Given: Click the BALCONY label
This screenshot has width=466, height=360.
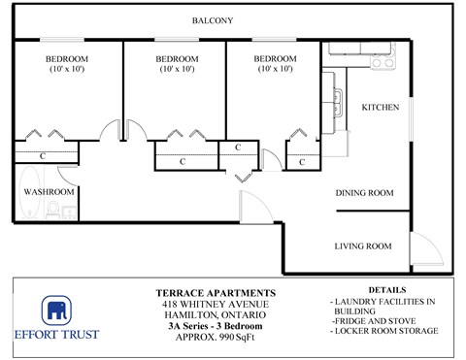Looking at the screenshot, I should point(212,20).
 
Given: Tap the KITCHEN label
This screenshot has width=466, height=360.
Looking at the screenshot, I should point(380,108).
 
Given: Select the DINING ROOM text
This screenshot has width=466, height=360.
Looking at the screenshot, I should point(364,193).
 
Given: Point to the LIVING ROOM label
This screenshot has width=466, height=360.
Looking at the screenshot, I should point(363,246).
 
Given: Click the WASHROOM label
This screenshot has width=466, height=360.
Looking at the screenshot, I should point(49,192).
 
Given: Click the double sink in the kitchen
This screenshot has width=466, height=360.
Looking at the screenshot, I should point(335,98).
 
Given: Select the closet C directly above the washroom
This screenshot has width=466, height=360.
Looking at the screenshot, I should point(44,154).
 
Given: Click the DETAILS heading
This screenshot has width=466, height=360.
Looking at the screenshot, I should point(387,290).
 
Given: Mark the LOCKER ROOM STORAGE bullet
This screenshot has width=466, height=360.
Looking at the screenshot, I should point(384,331).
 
